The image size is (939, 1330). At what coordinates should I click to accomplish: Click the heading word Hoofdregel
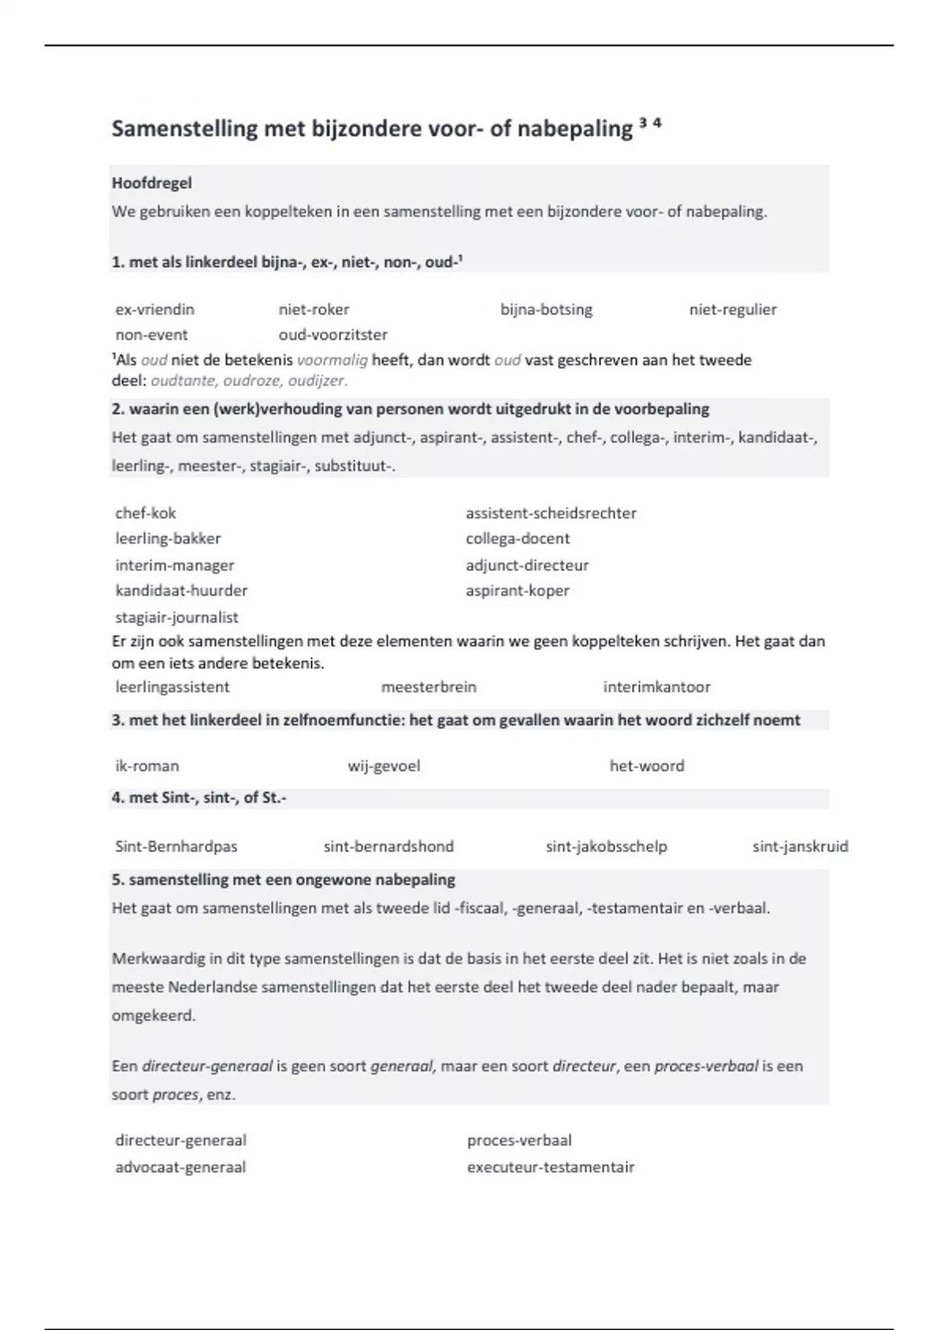pyautogui.click(x=152, y=183)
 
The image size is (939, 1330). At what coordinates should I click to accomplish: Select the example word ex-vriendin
pyautogui.click(x=155, y=309)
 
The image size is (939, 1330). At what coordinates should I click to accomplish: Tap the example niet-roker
pyautogui.click(x=314, y=309)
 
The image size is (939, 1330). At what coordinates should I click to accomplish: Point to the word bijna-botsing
pyautogui.click(x=546, y=309)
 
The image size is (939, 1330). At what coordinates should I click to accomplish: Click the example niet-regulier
pyautogui.click(x=732, y=309)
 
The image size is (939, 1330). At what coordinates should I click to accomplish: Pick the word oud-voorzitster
pyautogui.click(x=333, y=335)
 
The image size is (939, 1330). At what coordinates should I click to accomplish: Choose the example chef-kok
pyautogui.click(x=146, y=513)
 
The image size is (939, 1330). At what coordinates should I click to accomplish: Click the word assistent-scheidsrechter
pyautogui.click(x=551, y=513)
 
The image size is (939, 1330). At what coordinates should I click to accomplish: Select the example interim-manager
pyautogui.click(x=174, y=565)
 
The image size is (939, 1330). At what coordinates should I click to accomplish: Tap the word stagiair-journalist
pyautogui.click(x=177, y=617)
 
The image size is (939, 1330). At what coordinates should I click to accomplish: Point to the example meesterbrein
pyautogui.click(x=429, y=687)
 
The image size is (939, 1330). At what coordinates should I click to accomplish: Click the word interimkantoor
pyautogui.click(x=657, y=687)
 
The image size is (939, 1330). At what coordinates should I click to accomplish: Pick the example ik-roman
pyautogui.click(x=147, y=766)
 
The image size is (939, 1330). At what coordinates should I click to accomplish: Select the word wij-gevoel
pyautogui.click(x=383, y=766)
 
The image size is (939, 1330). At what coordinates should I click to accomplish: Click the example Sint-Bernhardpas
pyautogui.click(x=176, y=847)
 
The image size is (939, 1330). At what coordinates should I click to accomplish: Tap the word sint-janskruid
pyautogui.click(x=800, y=847)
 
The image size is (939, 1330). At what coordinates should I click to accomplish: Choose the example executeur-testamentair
pyautogui.click(x=550, y=1167)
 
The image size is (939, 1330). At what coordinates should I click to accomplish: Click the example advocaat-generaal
pyautogui.click(x=181, y=1167)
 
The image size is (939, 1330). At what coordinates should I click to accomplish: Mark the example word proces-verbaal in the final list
pyautogui.click(x=519, y=1141)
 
